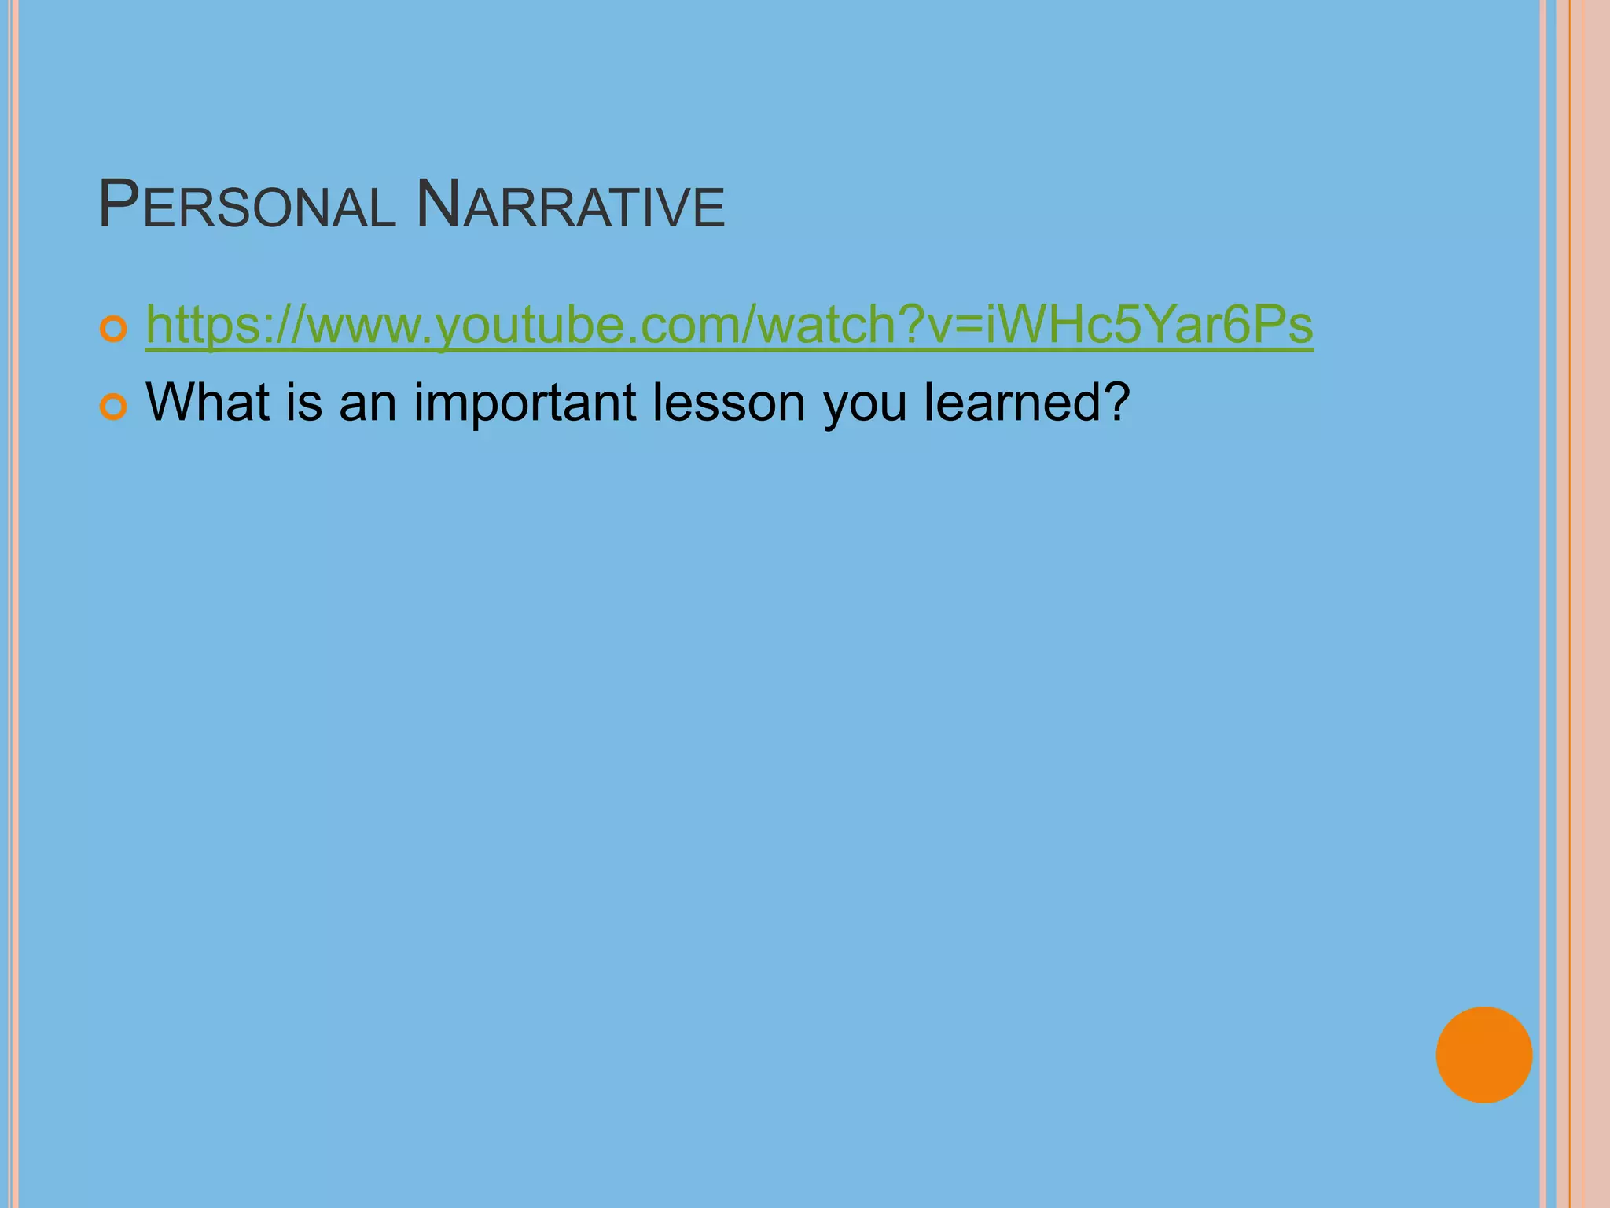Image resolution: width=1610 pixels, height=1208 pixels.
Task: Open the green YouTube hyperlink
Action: click(729, 325)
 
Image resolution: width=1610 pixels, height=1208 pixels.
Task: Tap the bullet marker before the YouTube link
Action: click(114, 330)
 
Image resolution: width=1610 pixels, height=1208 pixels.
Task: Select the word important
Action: click(525, 402)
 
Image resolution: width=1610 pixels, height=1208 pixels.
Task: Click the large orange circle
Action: click(1483, 1055)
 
